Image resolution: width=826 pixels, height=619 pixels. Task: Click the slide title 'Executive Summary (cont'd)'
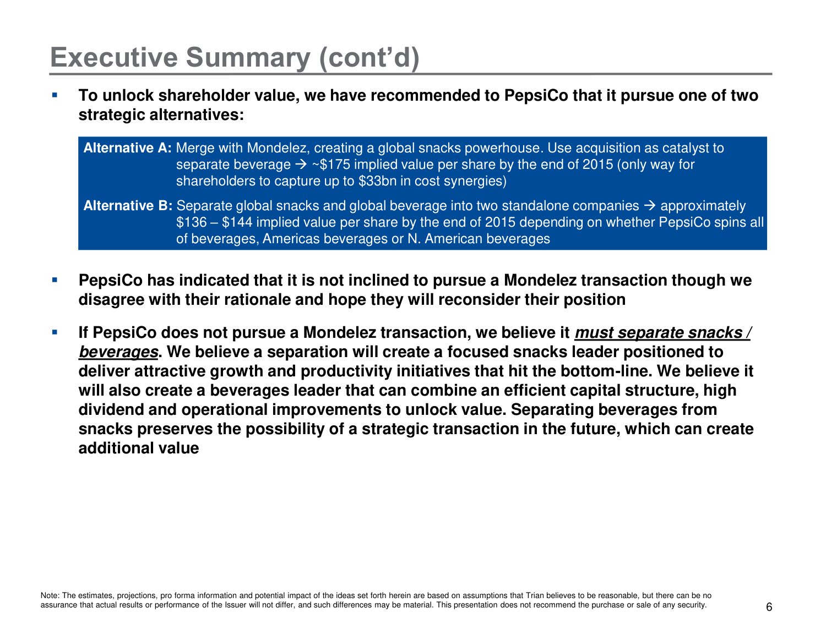235,57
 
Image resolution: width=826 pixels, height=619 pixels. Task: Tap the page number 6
769,607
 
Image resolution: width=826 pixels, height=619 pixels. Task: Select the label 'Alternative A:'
128,148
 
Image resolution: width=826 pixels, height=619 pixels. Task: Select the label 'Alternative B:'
128,206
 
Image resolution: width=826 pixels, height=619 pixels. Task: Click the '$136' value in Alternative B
191,222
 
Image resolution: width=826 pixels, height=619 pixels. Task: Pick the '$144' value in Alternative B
237,222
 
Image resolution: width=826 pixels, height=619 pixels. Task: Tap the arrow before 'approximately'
649,206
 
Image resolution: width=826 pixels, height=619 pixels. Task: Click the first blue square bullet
55,95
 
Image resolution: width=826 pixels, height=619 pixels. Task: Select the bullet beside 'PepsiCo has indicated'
55,280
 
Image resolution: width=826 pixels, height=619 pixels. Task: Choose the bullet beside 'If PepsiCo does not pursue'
55,332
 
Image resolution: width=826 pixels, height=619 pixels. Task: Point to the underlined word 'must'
594,333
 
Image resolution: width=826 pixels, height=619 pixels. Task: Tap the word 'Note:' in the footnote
50,595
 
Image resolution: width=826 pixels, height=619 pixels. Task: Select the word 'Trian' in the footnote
535,595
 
